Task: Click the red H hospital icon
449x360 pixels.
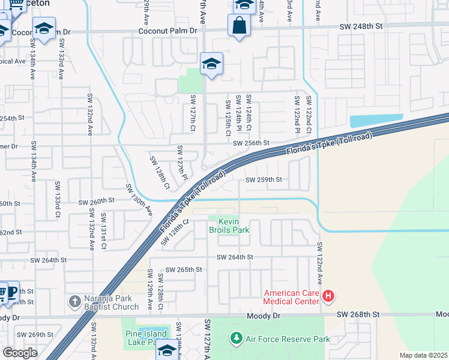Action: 328,295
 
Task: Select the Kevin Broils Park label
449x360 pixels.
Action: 228,226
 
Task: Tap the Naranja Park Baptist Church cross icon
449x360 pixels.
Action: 74,300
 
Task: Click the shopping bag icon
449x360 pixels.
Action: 239,26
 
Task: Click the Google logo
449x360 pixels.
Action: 20,352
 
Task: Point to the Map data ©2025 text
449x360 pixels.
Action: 423,355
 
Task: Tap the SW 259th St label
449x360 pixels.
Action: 264,179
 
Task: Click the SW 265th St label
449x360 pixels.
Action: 184,269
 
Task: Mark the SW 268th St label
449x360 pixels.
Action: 359,314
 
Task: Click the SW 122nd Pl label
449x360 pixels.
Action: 297,113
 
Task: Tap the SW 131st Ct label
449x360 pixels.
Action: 103,230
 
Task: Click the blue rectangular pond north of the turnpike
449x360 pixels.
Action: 376,121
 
